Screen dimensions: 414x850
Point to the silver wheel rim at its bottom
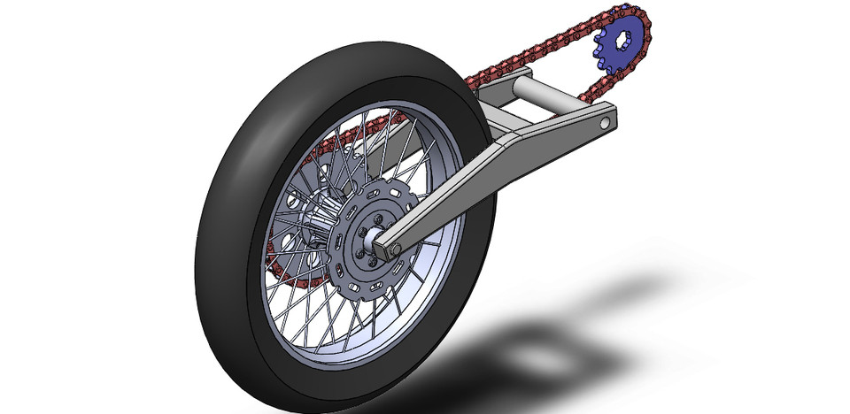pyautogui.click(x=354, y=354)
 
